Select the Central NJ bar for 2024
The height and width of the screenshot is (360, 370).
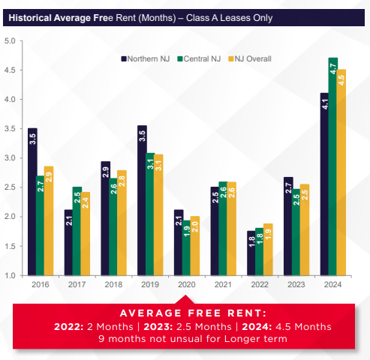[332, 166]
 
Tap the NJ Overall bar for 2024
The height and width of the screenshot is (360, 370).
[341, 172]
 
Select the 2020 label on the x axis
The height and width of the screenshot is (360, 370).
[187, 286]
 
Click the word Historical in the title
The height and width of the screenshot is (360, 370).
[35, 16]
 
